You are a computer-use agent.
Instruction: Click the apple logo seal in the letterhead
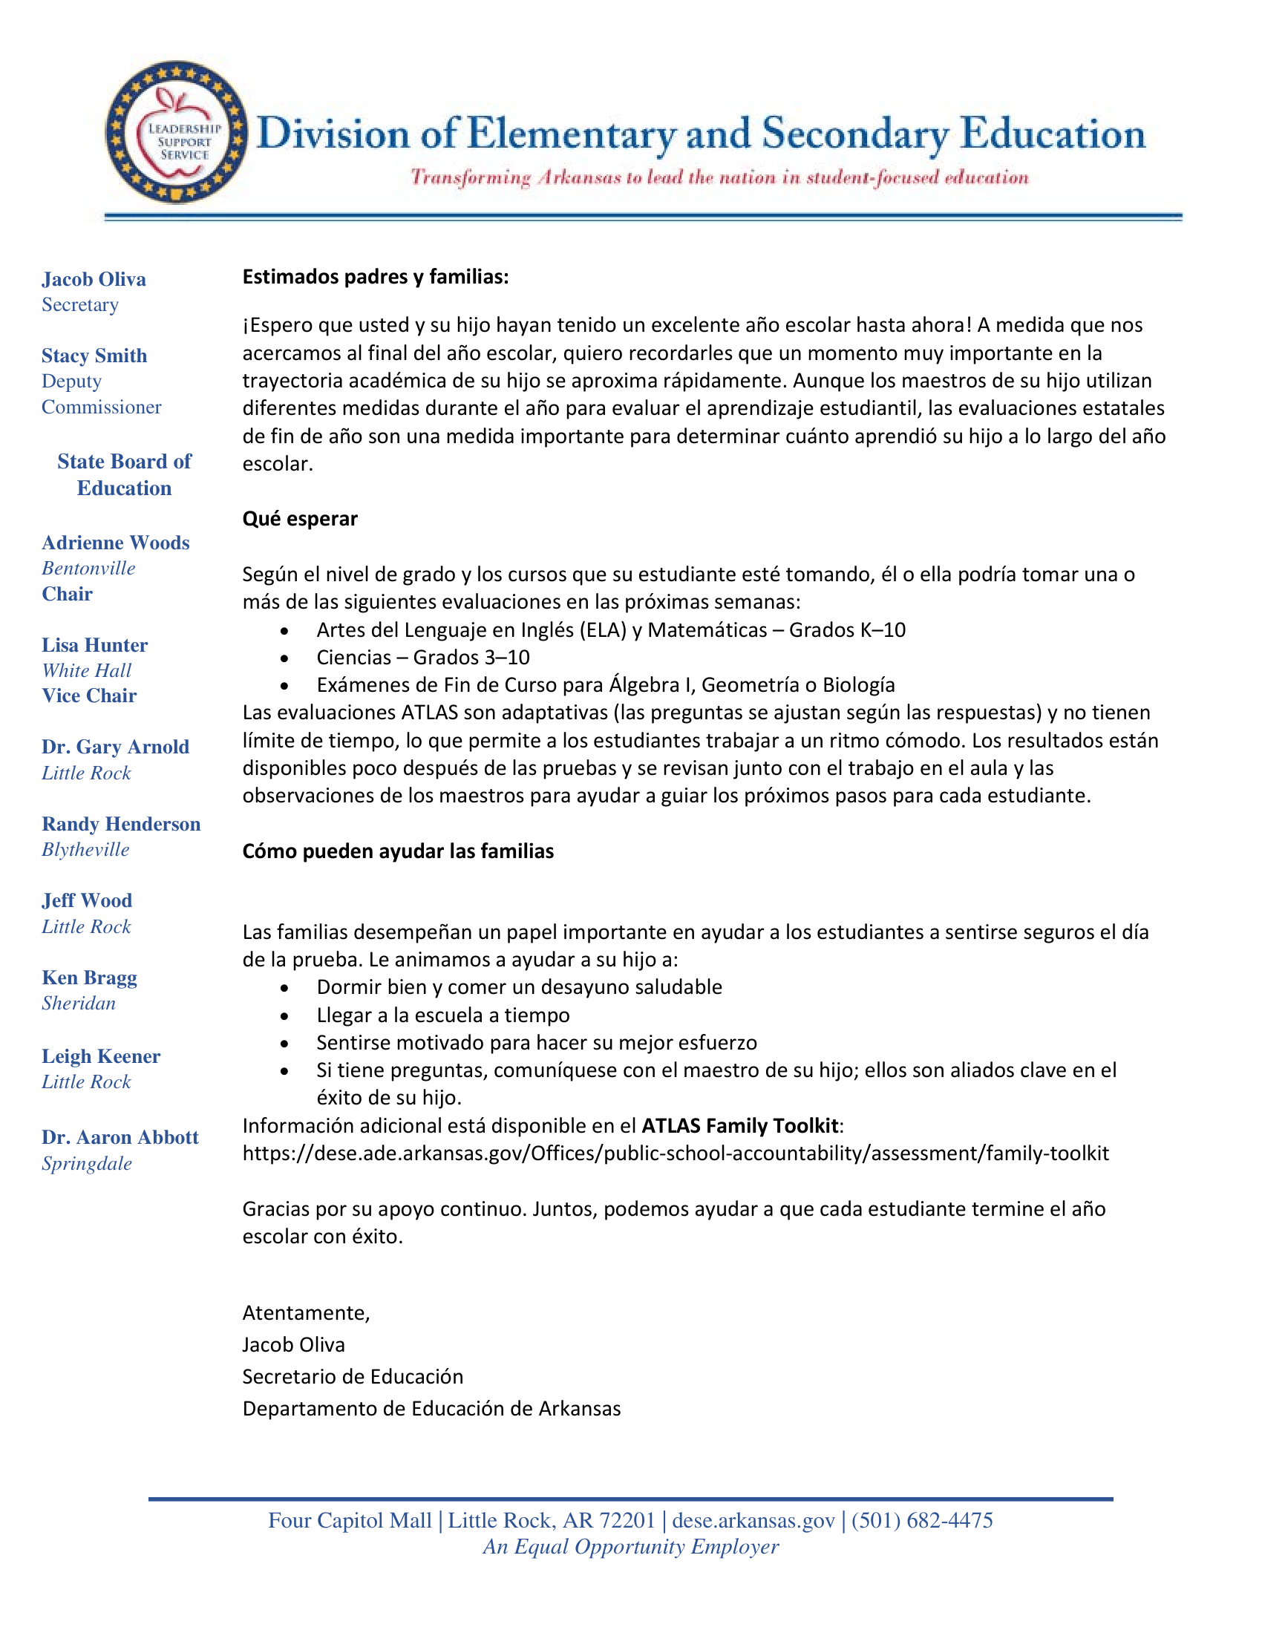tap(177, 131)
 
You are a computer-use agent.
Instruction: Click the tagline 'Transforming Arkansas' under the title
tap(719, 177)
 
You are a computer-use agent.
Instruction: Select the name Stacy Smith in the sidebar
tap(94, 355)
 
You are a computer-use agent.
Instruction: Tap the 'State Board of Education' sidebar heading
tap(124, 474)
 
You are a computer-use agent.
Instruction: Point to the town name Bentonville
tap(88, 569)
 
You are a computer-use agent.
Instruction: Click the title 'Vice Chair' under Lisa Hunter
tap(89, 696)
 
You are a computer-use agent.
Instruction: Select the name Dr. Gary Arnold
tap(115, 746)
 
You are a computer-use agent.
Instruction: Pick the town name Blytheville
tap(85, 849)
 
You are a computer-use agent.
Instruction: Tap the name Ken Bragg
tap(90, 978)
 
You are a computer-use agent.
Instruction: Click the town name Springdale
tap(87, 1163)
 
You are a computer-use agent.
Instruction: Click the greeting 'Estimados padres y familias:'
tap(376, 277)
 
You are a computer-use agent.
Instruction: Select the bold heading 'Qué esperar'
tap(300, 518)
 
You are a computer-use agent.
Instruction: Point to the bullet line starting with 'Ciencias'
tap(422, 657)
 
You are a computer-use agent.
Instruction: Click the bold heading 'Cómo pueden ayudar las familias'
tap(398, 851)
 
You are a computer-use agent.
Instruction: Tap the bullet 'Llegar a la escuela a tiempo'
tap(442, 1015)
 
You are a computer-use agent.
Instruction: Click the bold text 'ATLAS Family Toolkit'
tap(740, 1125)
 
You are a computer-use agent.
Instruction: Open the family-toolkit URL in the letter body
tap(675, 1153)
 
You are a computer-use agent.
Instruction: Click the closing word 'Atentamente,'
tap(306, 1312)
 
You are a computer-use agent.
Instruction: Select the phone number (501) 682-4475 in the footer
tap(922, 1520)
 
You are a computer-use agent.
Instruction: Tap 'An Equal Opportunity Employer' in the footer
tap(630, 1546)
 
